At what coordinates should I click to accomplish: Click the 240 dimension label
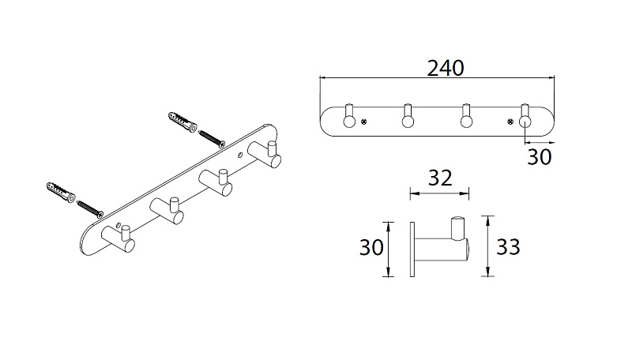tap(446, 69)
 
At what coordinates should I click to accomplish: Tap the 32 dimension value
tap(440, 178)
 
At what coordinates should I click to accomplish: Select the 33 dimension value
tap(508, 246)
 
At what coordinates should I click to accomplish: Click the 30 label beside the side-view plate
tap(371, 247)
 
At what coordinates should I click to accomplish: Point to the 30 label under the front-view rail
tap(540, 156)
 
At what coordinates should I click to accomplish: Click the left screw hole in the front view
tap(363, 122)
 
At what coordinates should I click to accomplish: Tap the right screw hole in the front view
tap(510, 122)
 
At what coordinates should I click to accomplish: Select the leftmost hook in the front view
tap(349, 116)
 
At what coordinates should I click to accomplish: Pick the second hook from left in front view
tap(408, 116)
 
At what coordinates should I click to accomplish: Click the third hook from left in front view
tap(466, 116)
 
